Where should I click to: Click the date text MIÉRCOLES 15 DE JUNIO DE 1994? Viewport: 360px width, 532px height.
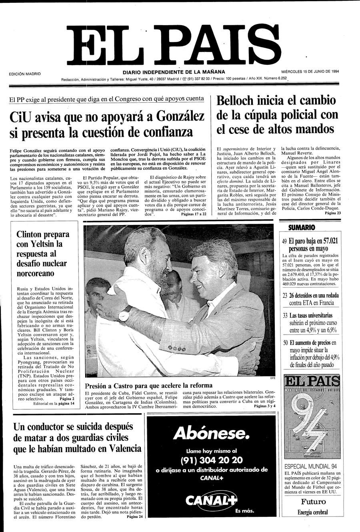[310, 72]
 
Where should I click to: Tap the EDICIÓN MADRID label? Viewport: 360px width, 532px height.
[25, 74]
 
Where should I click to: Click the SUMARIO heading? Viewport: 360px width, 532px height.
[302, 227]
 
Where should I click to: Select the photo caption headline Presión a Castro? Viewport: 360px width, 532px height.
[148, 386]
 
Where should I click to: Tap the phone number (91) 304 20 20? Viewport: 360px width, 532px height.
[211, 460]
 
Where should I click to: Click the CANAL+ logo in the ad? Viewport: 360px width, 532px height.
[211, 500]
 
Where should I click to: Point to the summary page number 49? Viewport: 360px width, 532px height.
[285, 241]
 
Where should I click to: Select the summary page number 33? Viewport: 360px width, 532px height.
[285, 316]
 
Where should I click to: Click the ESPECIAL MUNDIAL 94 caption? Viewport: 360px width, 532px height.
[310, 466]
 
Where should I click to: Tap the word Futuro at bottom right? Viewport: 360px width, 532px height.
[313, 502]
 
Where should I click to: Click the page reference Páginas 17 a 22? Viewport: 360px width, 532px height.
[194, 214]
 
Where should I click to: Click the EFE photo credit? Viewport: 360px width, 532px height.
[273, 378]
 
